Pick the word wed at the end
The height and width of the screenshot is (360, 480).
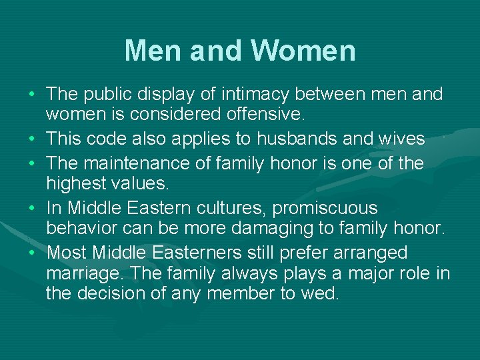(x=319, y=293)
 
